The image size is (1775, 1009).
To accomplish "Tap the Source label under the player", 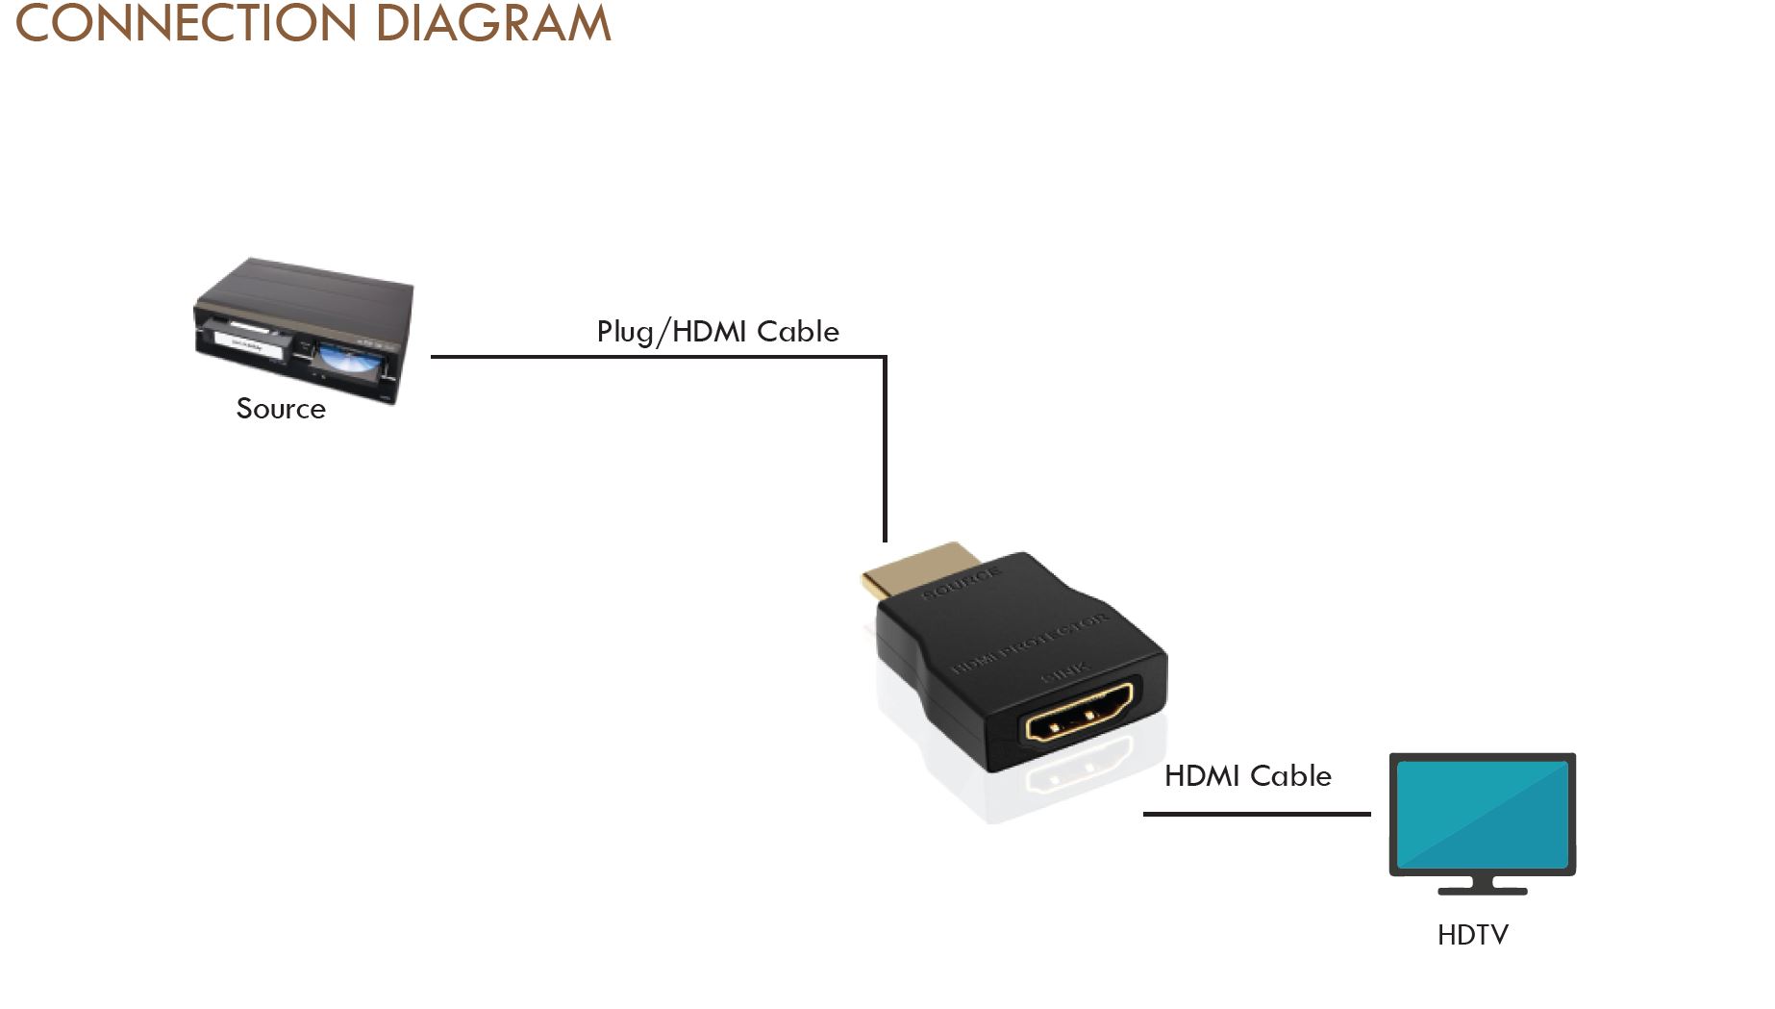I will [x=281, y=409].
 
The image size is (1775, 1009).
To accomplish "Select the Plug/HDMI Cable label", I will [x=717, y=332].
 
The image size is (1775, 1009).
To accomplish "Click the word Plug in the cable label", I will [x=624, y=332].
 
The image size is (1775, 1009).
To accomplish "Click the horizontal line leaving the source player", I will [x=654, y=357].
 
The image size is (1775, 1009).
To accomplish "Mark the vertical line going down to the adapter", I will [x=885, y=452].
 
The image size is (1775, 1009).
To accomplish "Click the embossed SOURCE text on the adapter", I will [x=962, y=584].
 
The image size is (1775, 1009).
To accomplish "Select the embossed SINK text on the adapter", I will [x=1065, y=677].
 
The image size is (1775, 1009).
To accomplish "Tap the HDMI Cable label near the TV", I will [x=1247, y=776].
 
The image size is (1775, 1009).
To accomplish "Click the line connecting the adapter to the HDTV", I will [x=1256, y=814].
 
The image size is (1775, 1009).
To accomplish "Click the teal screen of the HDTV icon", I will [x=1482, y=814].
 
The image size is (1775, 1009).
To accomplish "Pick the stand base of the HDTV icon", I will [x=1482, y=891].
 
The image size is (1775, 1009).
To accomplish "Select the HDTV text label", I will [x=1472, y=935].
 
